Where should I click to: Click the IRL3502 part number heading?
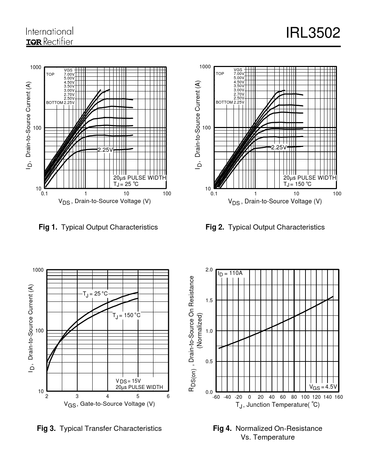313,33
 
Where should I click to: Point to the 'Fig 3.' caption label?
46,428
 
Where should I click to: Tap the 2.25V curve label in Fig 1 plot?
105,150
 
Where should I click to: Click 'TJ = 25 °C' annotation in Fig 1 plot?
126,184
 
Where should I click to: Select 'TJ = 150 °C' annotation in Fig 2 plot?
297,184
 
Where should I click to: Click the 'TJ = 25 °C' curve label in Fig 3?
95,294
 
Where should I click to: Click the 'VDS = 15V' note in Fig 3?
128,381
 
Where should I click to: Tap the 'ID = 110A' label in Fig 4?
230,274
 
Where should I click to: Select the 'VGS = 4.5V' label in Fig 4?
323,387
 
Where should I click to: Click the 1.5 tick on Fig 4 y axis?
209,300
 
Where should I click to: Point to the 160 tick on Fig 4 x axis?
339,397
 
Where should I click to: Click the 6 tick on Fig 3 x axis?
168,396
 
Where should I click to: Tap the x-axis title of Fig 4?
278,405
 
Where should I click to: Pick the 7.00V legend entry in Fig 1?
69,74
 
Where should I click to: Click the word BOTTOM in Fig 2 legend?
224,102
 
